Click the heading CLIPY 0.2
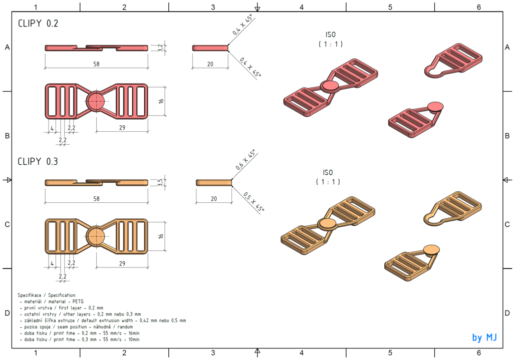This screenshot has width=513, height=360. click(38, 23)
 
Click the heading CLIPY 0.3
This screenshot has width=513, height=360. click(38, 161)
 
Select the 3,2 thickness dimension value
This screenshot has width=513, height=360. click(160, 48)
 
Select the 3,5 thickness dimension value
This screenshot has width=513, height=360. click(160, 183)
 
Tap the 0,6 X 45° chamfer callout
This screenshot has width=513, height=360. click(245, 160)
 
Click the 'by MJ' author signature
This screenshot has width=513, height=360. click(484, 337)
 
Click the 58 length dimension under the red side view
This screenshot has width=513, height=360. click(96, 64)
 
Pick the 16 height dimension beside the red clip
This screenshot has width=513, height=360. click(161, 101)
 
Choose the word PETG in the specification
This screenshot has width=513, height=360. click(78, 301)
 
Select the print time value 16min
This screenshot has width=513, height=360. click(133, 333)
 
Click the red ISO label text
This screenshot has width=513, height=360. click(330, 35)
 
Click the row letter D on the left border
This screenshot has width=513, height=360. click(7, 313)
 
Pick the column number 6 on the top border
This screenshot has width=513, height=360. click(478, 7)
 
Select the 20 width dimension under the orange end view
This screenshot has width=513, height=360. click(214, 198)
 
